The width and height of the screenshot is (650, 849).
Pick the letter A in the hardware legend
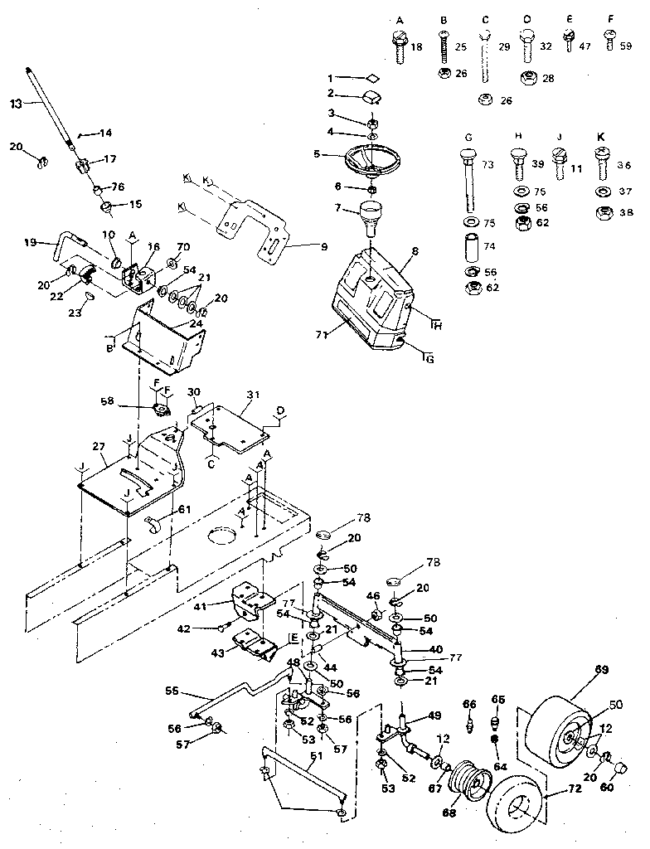click(400, 19)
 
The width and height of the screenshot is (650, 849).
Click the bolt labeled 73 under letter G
click(467, 177)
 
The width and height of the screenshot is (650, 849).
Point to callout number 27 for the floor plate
click(99, 446)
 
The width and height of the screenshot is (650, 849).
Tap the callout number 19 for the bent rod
click(29, 243)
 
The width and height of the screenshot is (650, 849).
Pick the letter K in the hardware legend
click(599, 137)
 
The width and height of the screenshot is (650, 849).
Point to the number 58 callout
click(129, 401)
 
